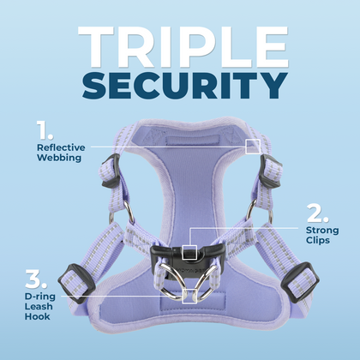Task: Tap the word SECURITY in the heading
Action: tap(180, 86)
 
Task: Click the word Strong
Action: tap(323, 230)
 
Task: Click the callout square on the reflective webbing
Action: tap(253, 147)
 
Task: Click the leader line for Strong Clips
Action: tap(249, 230)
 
